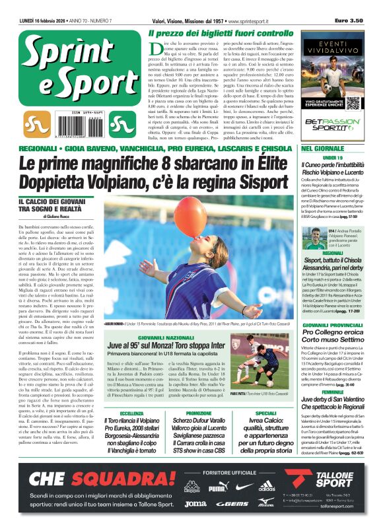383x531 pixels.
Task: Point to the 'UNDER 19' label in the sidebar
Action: click(333, 159)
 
